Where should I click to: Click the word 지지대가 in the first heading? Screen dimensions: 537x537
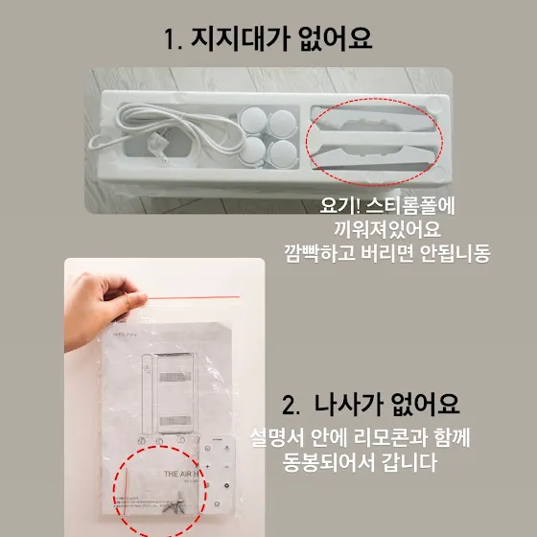pyautogui.click(x=239, y=38)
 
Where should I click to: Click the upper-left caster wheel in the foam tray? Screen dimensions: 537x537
pyautogui.click(x=252, y=120)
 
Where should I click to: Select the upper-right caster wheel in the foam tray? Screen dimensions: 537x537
pyautogui.click(x=282, y=124)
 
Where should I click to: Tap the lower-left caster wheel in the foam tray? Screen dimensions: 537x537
pyautogui.click(x=251, y=151)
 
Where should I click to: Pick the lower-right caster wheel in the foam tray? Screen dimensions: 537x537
pyautogui.click(x=282, y=153)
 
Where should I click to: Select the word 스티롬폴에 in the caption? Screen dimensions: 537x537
pyautogui.click(x=409, y=205)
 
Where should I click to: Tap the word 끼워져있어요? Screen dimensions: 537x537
pyautogui.click(x=387, y=229)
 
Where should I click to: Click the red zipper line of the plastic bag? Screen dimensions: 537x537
pyautogui.click(x=194, y=297)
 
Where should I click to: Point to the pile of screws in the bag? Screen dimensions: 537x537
pyautogui.click(x=174, y=503)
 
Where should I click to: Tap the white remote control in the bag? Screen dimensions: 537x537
pyautogui.click(x=218, y=476)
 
